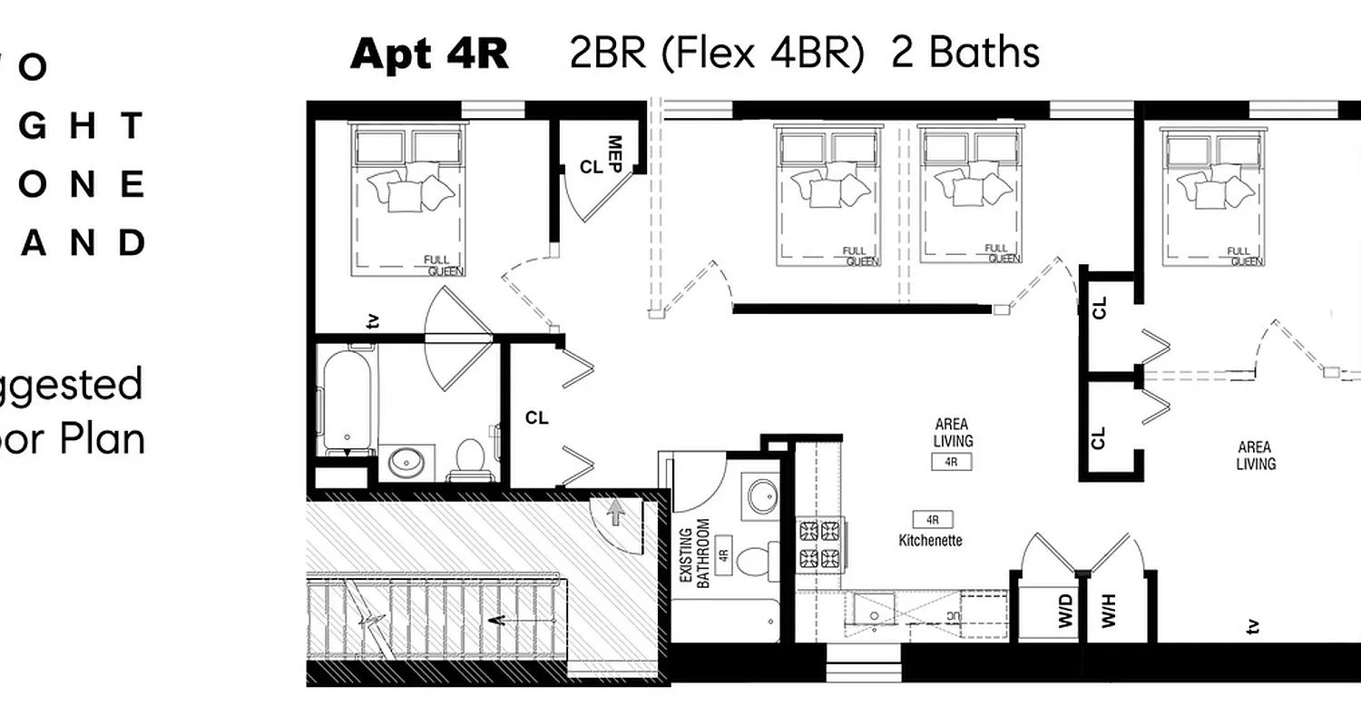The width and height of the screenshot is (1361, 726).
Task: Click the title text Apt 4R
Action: (x=429, y=54)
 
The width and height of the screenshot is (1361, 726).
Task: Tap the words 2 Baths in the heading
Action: (x=965, y=52)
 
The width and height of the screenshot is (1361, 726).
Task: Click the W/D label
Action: (x=1064, y=610)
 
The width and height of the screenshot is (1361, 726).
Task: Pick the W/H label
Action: (x=1109, y=610)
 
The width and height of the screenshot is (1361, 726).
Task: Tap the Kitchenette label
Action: (x=930, y=540)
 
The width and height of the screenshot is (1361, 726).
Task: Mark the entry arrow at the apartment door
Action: (x=617, y=514)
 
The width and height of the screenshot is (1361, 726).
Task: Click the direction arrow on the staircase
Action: (x=496, y=622)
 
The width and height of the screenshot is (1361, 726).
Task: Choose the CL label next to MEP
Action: (x=591, y=168)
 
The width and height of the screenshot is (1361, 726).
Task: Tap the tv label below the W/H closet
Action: (x=1253, y=625)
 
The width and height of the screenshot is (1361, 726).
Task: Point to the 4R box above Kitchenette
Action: (x=932, y=520)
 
